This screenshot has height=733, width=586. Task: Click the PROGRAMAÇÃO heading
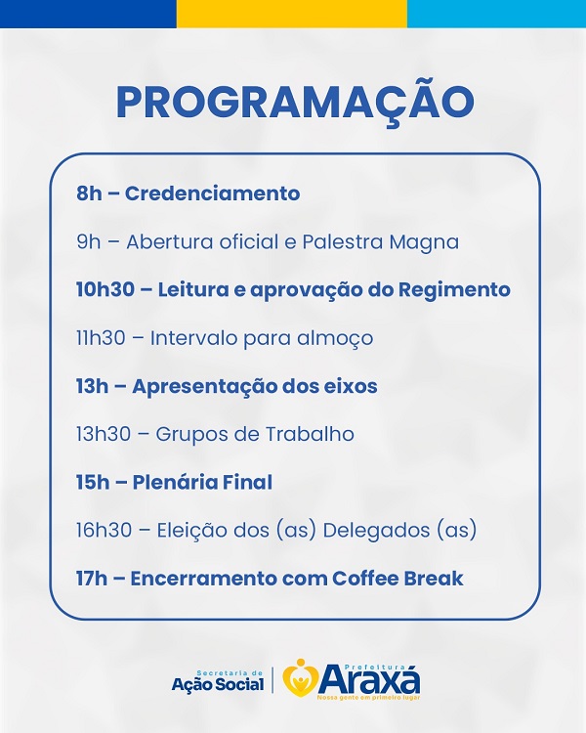295,102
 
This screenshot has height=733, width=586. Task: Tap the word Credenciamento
212,194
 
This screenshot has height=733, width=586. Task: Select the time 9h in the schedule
89,241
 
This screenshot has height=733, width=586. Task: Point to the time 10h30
105,289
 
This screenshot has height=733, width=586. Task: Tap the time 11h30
101,337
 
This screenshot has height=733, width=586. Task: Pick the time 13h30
104,434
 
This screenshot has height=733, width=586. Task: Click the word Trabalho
310,434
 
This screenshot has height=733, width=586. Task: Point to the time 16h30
104,530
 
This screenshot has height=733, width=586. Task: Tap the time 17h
91,579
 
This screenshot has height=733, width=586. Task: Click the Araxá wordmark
369,679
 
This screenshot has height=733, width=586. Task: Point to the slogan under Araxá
369,698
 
